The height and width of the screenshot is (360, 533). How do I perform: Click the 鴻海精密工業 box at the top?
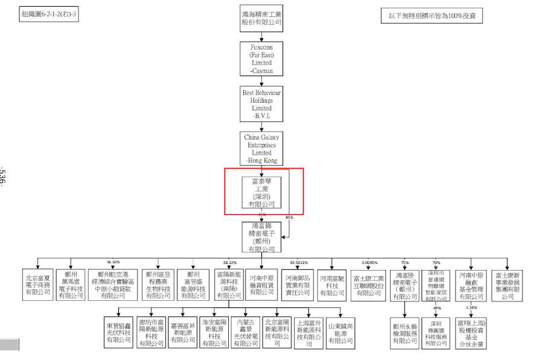pos(262,18)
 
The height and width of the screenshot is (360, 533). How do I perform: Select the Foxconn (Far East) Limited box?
pos(262,58)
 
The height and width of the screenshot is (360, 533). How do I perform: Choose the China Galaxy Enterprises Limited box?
pos(262,149)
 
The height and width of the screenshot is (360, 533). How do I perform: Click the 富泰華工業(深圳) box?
pos(262,193)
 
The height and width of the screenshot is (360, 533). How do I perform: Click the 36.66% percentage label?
pos(113,262)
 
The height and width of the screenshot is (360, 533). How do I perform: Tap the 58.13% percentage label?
pos(229,263)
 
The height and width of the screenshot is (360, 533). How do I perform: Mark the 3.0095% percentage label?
pos(369,263)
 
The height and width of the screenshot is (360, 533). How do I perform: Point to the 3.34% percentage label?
pos(471,308)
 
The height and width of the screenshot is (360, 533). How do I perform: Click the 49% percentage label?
pos(437,308)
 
